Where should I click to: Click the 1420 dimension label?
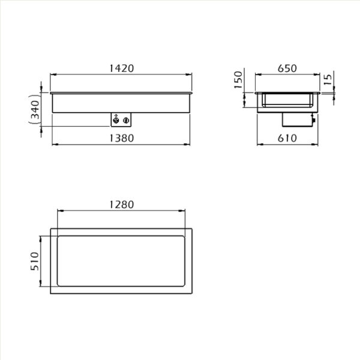pos(121,68)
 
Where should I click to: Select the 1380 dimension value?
pos(121,138)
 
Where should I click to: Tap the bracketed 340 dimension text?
pos(35,110)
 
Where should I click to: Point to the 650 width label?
pos(287,68)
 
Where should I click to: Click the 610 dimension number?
pos(287,138)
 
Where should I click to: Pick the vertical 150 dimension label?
pos(238,80)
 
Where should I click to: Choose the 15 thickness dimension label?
pos(328,79)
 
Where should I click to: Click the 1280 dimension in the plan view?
pos(121,205)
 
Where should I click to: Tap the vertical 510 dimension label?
pos(35,261)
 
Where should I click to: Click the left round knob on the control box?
pos(116,121)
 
